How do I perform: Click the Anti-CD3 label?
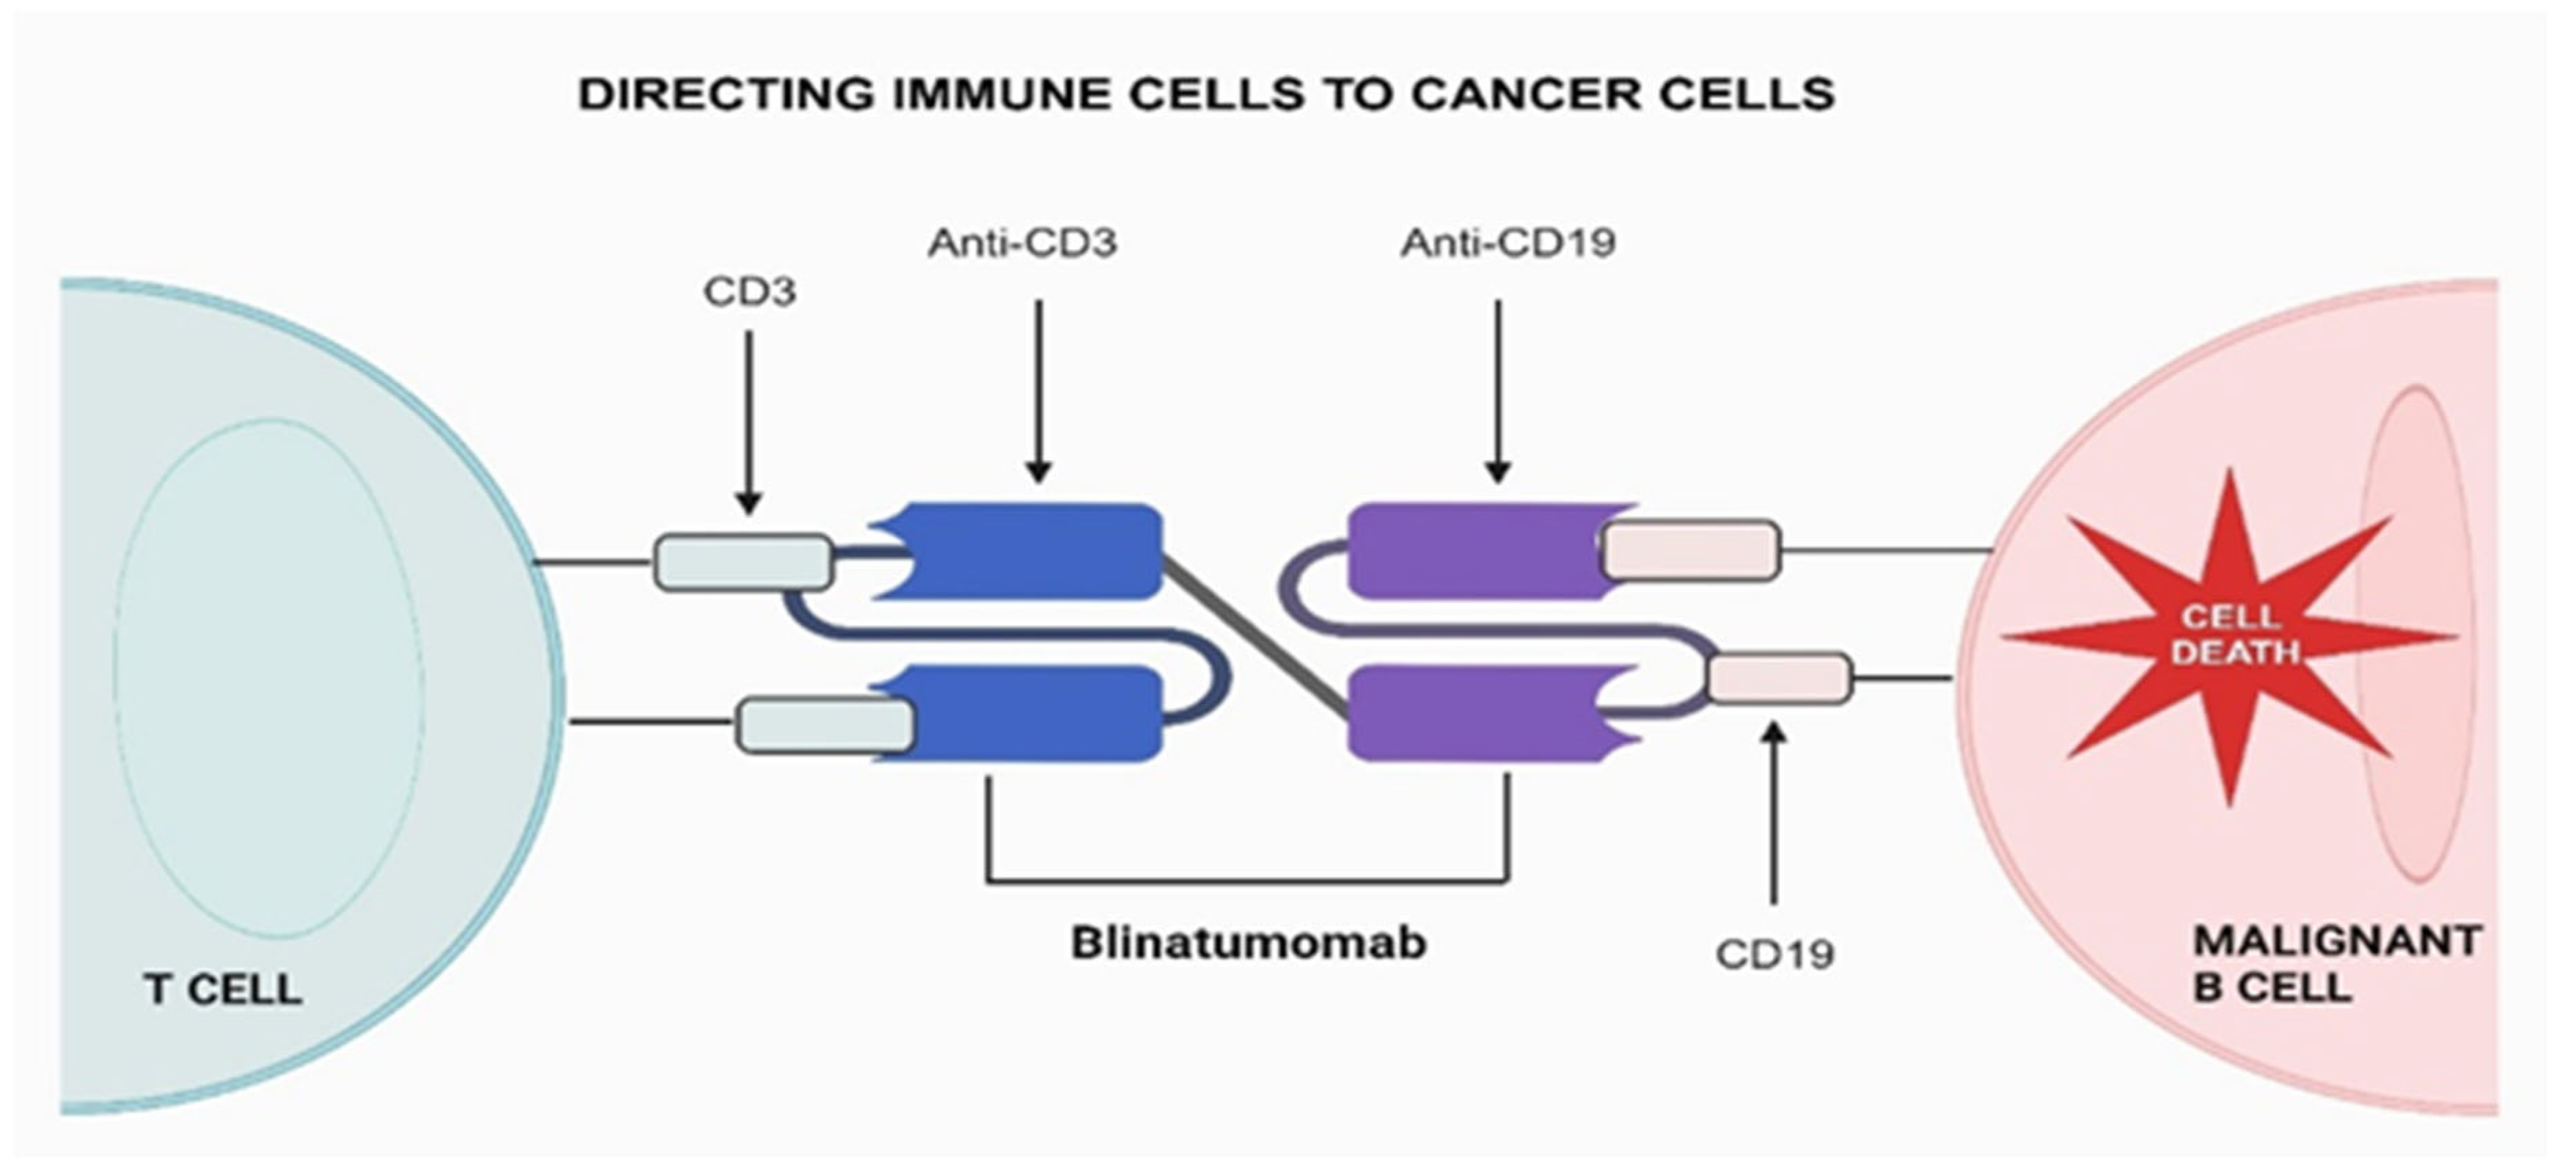point(1022,243)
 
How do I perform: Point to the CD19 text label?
point(1774,954)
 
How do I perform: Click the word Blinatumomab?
point(1248,943)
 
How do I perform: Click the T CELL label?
point(223,990)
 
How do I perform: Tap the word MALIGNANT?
point(2336,941)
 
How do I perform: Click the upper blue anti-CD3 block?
point(1034,551)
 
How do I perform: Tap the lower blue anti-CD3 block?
point(1034,713)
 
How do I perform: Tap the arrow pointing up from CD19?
point(1774,815)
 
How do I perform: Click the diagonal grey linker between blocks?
point(1255,636)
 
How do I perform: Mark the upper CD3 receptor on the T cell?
point(743,562)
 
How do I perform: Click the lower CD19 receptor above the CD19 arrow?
point(1779,678)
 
